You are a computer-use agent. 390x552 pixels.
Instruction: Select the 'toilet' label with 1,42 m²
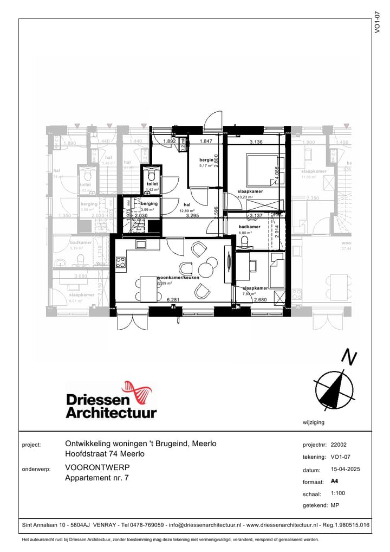[x=152, y=184]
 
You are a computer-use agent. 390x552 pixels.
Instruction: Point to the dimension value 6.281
[x=173, y=299]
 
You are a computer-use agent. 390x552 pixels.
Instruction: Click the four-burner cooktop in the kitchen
[x=120, y=263]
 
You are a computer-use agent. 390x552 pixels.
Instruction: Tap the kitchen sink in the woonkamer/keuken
[x=141, y=244]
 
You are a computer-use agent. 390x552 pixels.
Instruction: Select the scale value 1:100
[x=338, y=494]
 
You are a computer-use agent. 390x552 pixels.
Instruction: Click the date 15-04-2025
[x=345, y=470]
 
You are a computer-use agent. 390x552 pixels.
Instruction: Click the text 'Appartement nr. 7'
[x=97, y=478]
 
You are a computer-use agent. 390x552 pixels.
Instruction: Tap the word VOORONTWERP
[x=97, y=467]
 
